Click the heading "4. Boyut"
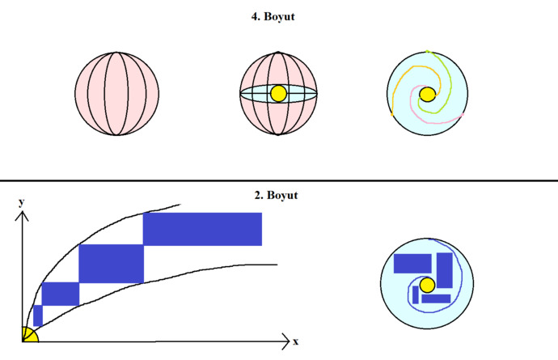pyautogui.click(x=273, y=17)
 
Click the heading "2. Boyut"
pyautogui.click(x=276, y=195)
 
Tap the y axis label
pyautogui.click(x=21, y=202)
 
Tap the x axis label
pyautogui.click(x=295, y=342)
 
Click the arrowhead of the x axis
pyautogui.click(x=285, y=341)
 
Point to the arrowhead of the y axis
pyautogui.click(x=22, y=216)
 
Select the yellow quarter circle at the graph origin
pyautogui.click(x=29, y=336)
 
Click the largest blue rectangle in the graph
pyautogui.click(x=202, y=229)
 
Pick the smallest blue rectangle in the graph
pyautogui.click(x=38, y=316)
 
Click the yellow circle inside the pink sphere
pyautogui.click(x=278, y=94)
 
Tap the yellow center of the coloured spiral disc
pyautogui.click(x=427, y=95)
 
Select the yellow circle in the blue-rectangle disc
pyautogui.click(x=427, y=286)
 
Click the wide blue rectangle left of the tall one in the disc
pyautogui.click(x=412, y=264)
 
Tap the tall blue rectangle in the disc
pyautogui.click(x=445, y=270)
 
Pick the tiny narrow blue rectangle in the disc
pyautogui.click(x=416, y=294)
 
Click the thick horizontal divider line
pyautogui.click(x=279, y=180)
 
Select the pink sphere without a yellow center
pyautogui.click(x=116, y=94)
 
